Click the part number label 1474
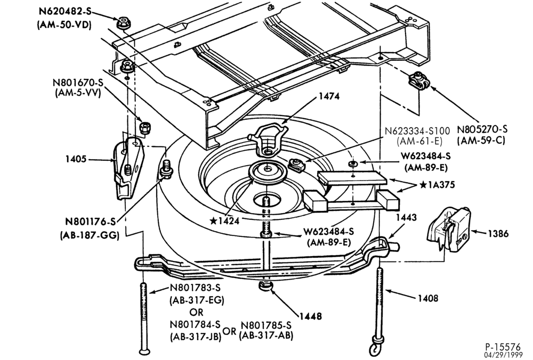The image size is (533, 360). [329, 96]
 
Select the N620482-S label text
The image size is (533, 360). [65, 12]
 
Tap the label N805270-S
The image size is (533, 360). [482, 129]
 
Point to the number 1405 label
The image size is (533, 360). [76, 159]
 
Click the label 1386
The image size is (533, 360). [498, 234]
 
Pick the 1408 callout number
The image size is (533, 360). [428, 299]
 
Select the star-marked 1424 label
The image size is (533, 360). [225, 221]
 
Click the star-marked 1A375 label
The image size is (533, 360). [437, 185]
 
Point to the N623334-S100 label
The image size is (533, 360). [417, 131]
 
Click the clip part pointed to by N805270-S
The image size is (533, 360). [419, 81]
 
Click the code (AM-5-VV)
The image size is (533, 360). [78, 93]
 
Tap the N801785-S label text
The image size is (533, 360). [266, 325]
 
